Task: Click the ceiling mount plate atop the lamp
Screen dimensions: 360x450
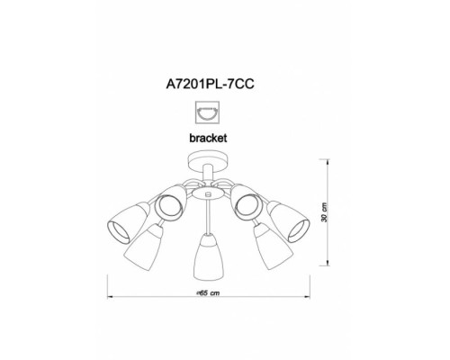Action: (208, 161)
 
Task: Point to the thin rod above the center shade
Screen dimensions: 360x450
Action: (209, 213)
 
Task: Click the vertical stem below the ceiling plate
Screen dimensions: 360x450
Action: (208, 174)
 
